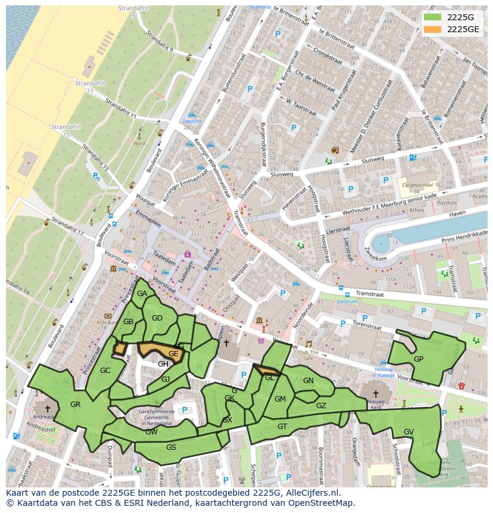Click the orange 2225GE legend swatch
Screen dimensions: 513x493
point(433,29)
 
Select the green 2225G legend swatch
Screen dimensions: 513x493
point(433,17)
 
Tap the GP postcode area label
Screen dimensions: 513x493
point(419,359)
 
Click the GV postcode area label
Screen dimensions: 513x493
point(408,432)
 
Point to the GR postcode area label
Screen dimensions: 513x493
point(75,405)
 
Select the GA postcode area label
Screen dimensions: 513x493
point(142,294)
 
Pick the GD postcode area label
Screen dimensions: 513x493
point(157,318)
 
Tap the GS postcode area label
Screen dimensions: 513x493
point(171,447)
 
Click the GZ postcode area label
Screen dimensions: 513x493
point(321,406)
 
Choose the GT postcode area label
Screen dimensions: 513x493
point(282,427)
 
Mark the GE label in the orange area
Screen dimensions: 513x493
point(173,354)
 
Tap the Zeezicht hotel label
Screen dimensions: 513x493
point(192,121)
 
